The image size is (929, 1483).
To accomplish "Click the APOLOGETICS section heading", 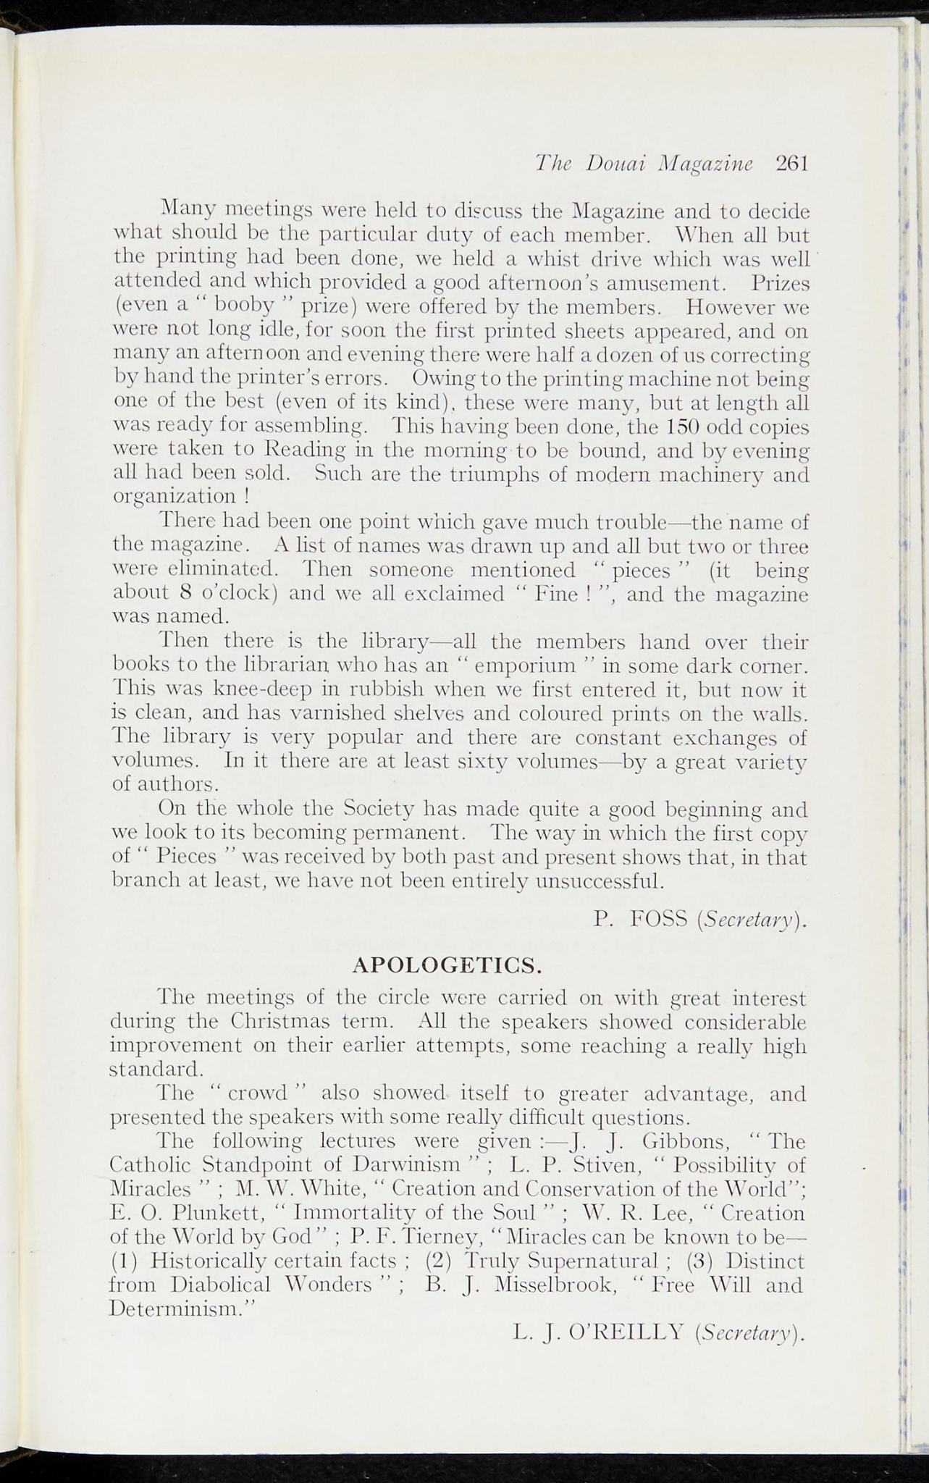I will coord(447,965).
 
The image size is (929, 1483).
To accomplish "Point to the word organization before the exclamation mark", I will coord(175,498).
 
